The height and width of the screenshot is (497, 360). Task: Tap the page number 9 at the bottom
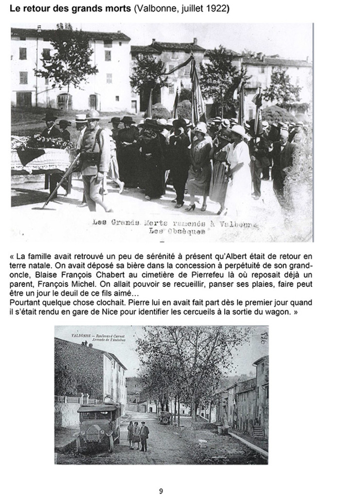coord(161,491)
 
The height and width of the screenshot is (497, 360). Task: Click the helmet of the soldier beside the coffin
coord(93,115)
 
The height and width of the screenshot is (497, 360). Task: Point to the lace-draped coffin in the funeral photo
coord(41,155)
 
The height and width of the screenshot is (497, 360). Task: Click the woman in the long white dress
coord(238,165)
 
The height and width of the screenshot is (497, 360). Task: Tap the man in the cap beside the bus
coord(144,435)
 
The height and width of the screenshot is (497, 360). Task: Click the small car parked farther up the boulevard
coord(165,416)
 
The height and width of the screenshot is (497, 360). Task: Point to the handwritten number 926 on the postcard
coord(264,338)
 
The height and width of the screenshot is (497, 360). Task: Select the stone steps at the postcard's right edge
coord(259,431)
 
